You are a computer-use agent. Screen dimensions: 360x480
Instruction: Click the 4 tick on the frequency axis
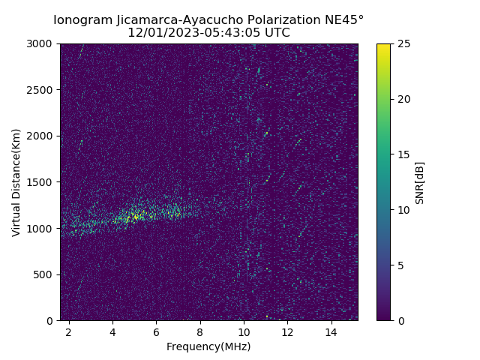[112, 331]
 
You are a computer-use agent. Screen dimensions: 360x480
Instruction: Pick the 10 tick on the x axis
[244, 331]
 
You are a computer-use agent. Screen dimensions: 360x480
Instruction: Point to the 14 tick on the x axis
[331, 331]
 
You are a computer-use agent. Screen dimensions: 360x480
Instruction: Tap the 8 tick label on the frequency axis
[200, 331]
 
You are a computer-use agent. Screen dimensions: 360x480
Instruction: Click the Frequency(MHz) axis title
[208, 346]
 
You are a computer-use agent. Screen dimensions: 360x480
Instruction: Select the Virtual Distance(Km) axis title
[16, 182]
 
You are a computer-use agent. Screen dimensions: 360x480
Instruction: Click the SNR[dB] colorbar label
[420, 182]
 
